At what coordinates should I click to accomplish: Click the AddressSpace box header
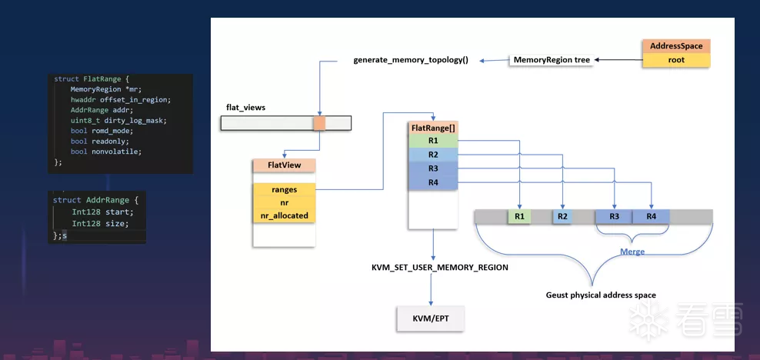(x=675, y=46)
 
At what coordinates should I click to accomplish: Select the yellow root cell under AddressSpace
(x=675, y=59)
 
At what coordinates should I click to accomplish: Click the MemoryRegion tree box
(x=552, y=60)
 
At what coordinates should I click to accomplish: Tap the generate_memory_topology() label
(x=411, y=60)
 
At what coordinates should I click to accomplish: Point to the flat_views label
(x=245, y=108)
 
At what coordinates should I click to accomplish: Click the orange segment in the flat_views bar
(x=319, y=123)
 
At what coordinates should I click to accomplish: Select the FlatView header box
(x=283, y=165)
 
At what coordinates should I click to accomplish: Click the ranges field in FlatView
(x=283, y=189)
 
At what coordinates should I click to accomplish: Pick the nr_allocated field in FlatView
(x=283, y=215)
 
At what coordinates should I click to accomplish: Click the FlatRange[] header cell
(x=433, y=128)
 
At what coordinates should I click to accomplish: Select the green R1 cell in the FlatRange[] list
(x=433, y=141)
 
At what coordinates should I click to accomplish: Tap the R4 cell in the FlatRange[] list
(x=433, y=182)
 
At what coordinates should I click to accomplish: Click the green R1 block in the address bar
(x=519, y=217)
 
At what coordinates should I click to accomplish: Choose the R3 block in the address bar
(x=614, y=217)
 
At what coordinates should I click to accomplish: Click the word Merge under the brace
(x=632, y=252)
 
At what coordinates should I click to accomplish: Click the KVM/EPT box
(x=431, y=318)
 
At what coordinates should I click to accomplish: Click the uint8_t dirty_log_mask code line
(x=118, y=121)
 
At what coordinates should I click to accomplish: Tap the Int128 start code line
(x=102, y=212)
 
